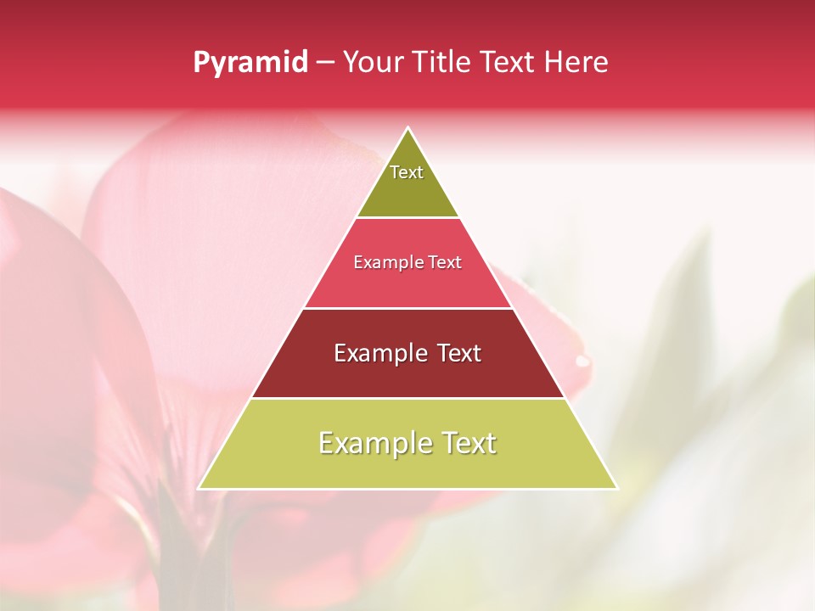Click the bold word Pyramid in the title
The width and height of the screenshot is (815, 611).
[x=250, y=63]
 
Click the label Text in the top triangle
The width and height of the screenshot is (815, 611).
[x=407, y=172]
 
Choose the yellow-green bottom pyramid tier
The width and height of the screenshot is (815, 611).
[x=407, y=467]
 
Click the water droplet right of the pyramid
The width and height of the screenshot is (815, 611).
[x=582, y=361]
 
